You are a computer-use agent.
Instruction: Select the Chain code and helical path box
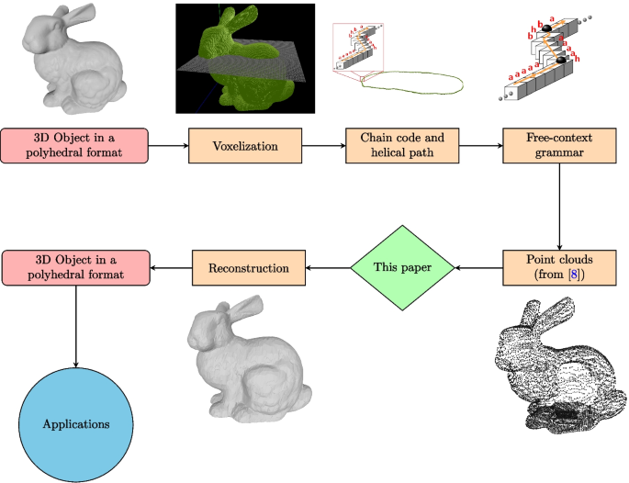pos(402,145)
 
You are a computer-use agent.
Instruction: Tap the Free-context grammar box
pos(558,145)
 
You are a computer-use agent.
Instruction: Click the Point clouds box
pos(558,267)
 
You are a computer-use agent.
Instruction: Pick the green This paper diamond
pos(403,267)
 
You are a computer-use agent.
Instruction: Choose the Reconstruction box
pos(248,267)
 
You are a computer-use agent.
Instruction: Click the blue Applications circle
pos(75,424)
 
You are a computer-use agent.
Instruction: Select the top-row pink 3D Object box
pos(75,145)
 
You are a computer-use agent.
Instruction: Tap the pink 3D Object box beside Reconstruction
pos(75,267)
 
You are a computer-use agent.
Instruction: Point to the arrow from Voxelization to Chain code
pos(324,145)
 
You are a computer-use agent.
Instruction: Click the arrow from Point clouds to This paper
pos(480,267)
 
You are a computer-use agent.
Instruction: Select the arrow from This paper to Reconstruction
pos(328,267)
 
